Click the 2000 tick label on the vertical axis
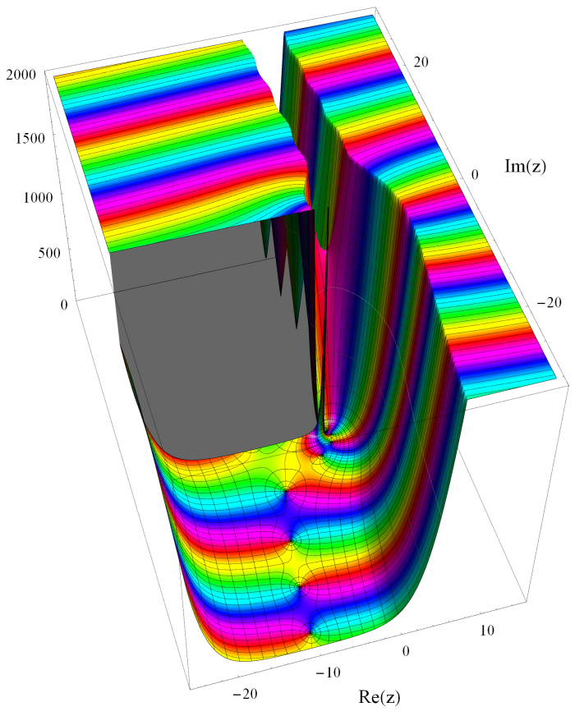pos(21,74)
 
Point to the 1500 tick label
pos(30,138)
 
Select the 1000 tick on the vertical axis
pos(38,197)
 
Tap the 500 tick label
pos(49,253)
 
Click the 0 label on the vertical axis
pos(64,305)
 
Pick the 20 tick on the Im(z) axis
pos(421,62)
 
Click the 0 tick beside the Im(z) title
pos(475,174)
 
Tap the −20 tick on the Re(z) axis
pos(246,695)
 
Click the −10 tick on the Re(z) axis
pos(328,672)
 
